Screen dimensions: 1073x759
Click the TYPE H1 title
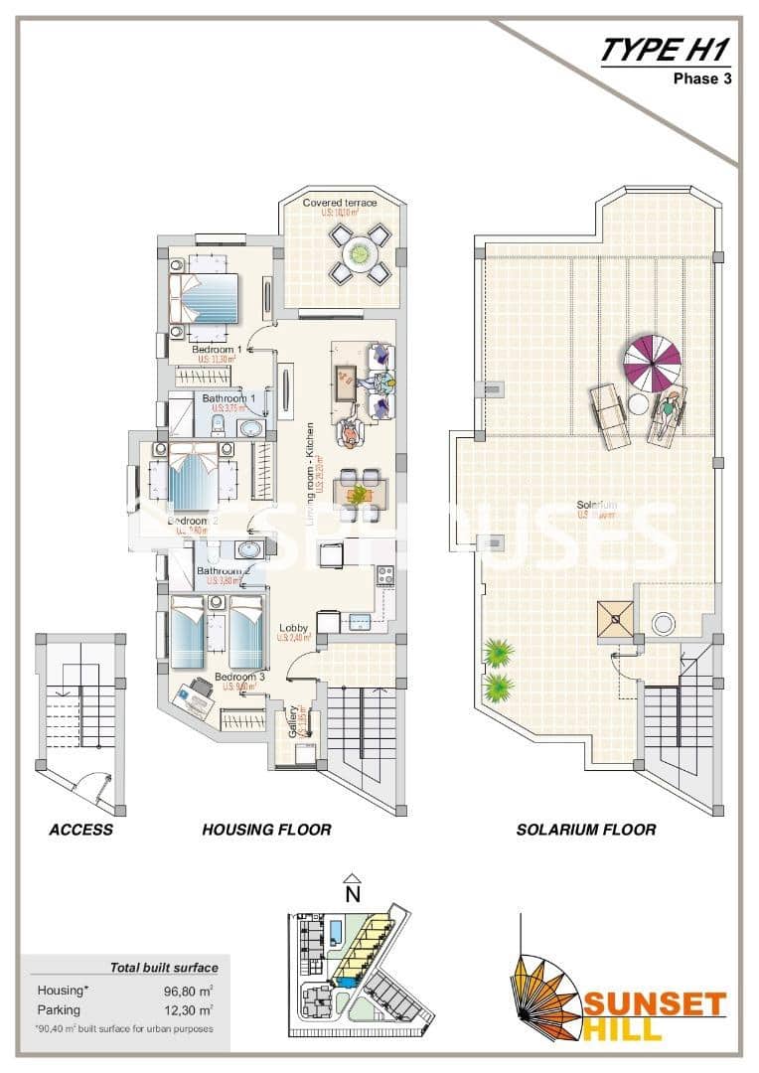666,50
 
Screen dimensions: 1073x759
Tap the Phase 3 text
702,79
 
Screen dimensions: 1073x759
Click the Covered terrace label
340,204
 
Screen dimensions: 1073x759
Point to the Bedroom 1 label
217,351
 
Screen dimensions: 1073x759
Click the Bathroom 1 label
229,398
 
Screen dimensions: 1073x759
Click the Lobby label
293,628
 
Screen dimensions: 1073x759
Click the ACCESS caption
80,830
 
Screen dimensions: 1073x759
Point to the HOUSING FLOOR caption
266,830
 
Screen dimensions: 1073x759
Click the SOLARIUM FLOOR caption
585,830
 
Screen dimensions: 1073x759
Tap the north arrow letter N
351,892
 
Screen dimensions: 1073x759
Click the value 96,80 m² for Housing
190,991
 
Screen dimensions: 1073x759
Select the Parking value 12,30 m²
190,1009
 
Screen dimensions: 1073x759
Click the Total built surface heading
164,967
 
